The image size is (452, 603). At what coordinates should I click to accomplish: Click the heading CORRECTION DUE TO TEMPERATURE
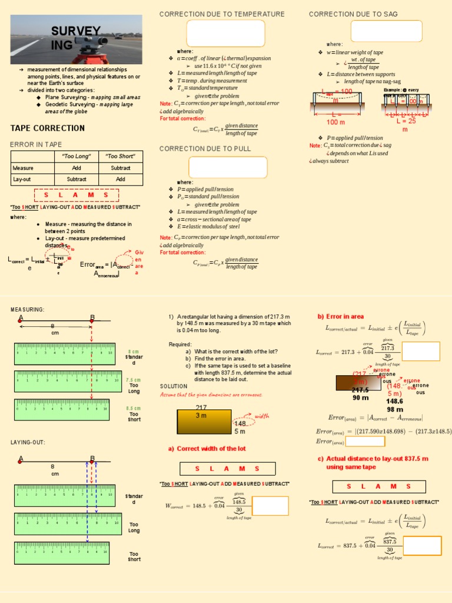coord(222,14)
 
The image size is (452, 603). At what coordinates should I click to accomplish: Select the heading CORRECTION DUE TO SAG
coord(353,14)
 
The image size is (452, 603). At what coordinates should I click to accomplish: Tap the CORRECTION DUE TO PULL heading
coord(205,149)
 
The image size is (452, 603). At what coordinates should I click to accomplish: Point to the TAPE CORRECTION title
coord(48,128)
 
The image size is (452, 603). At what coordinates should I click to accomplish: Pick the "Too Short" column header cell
coord(120,156)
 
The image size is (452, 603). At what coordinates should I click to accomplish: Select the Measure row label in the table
coord(23,168)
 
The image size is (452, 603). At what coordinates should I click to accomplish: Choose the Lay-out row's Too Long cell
coord(77,179)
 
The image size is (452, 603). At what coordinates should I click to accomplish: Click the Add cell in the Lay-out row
coord(120,179)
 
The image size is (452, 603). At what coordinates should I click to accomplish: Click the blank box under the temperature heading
coord(225,33)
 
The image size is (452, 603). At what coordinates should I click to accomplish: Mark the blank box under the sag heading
coord(387,31)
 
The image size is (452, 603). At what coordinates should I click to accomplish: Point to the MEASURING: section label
coord(28,310)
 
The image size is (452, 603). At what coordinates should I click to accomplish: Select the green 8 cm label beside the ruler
coord(134,351)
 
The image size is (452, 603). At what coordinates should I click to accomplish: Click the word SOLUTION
coord(174,386)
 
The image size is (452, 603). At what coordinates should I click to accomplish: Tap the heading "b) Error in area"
coord(341,316)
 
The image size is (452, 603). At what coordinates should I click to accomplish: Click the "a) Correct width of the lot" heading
coord(207,449)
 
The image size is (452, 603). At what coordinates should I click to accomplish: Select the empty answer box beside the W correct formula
coord(270,506)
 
